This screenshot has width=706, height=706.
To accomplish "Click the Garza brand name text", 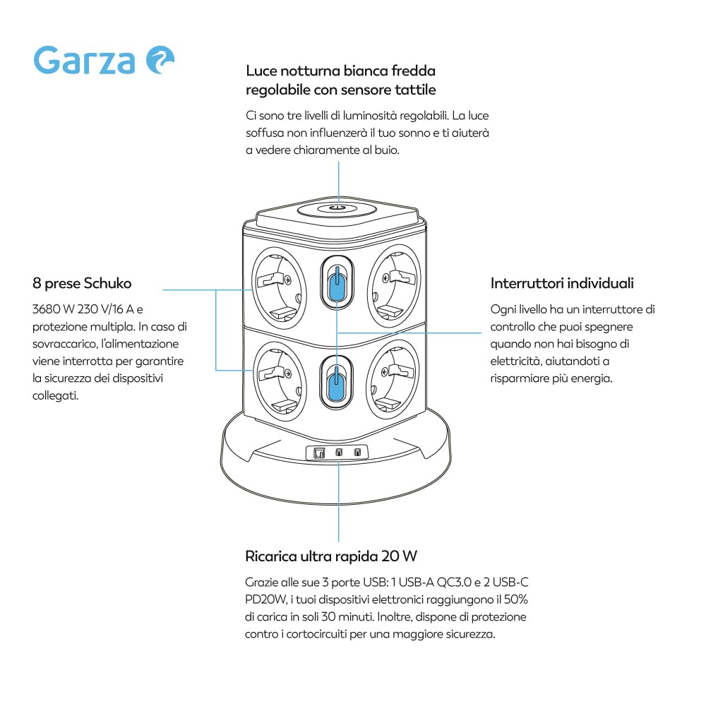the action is tap(84, 60).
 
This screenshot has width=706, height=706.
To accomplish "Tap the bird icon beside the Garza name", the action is tap(160, 60).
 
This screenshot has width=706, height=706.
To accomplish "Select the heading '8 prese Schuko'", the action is tap(82, 283).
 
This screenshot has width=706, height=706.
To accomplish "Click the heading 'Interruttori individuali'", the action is tap(562, 283).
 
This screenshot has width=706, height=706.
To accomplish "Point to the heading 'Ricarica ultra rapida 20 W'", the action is tap(331, 556).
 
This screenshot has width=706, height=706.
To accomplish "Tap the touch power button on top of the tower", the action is tap(337, 208).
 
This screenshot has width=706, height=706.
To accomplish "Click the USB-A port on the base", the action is tap(319, 453).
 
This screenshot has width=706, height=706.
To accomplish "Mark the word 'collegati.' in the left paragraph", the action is tap(55, 396).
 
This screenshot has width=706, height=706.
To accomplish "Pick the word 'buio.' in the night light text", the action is tap(387, 150).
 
